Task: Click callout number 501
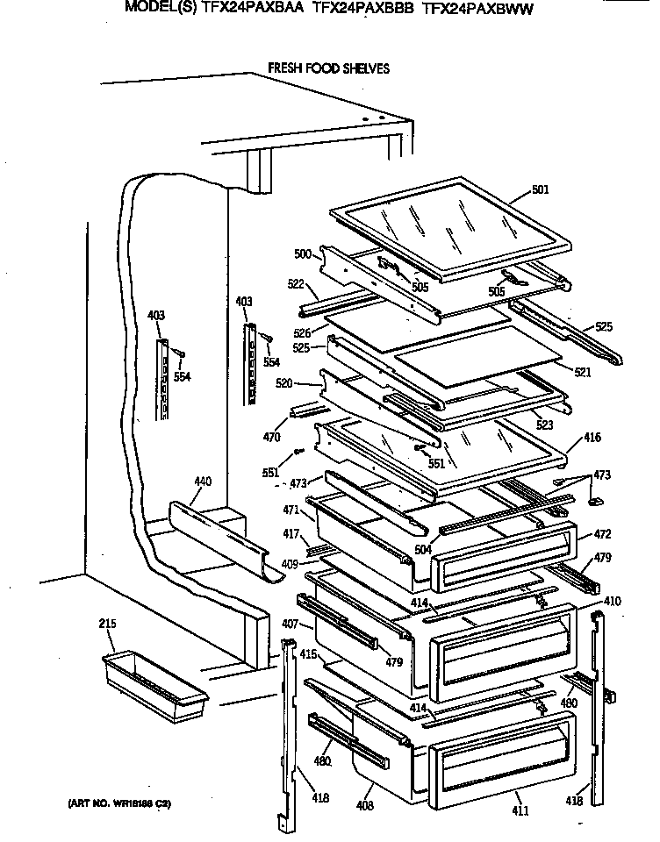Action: coord(541,189)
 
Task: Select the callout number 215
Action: coord(107,624)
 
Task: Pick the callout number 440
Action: coord(203,482)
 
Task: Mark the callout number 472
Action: coord(602,533)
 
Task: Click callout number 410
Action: coord(613,602)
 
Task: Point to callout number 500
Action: coord(302,254)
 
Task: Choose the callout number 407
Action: coord(291,624)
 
